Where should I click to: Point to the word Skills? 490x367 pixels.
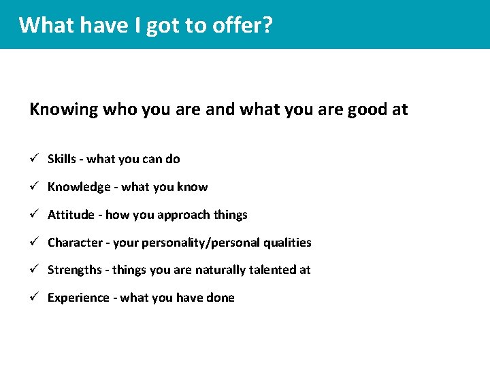tap(61, 159)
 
